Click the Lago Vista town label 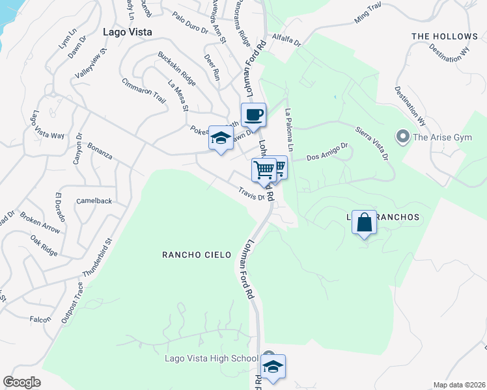click(x=128, y=31)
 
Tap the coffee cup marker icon click(x=253, y=115)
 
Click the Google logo click(x=22, y=382)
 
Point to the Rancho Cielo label click(x=197, y=255)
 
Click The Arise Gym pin click(x=402, y=136)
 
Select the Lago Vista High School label click(x=211, y=359)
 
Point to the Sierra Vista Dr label click(x=372, y=143)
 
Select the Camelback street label click(x=94, y=201)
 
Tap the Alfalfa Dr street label click(x=287, y=40)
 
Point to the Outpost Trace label click(x=72, y=299)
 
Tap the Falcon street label click(x=40, y=319)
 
